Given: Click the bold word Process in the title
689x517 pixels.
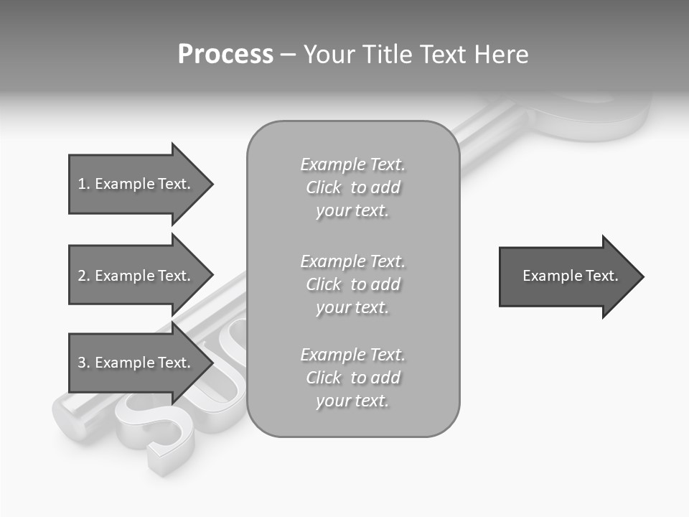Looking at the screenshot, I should [225, 55].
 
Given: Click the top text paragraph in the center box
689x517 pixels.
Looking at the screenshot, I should [352, 187].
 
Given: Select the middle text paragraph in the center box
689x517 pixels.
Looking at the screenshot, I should [352, 284].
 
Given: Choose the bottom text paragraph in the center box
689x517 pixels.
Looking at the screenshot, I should [352, 378].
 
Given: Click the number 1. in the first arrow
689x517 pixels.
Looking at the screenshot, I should [84, 184].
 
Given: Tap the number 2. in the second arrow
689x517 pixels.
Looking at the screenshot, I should [84, 276].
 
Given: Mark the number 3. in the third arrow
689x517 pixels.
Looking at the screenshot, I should [84, 363].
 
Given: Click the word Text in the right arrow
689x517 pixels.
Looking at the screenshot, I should [602, 276].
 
